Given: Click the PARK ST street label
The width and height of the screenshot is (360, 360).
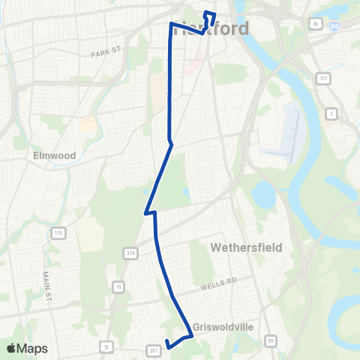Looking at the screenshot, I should [x=105, y=52].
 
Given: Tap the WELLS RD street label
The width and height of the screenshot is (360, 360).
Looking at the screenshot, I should [x=218, y=283].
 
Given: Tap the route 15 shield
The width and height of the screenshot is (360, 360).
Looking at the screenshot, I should [x=118, y=286].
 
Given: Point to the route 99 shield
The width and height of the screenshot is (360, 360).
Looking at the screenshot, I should [x=271, y=341].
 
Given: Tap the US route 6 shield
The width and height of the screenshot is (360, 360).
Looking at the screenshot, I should [x=316, y=24].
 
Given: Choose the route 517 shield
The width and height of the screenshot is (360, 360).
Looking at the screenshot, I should [x=322, y=77].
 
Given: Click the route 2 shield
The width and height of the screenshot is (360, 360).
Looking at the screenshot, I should [x=331, y=113].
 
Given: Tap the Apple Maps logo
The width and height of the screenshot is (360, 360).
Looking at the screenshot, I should [x=27, y=348].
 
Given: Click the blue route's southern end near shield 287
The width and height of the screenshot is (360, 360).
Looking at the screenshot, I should [x=166, y=346].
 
